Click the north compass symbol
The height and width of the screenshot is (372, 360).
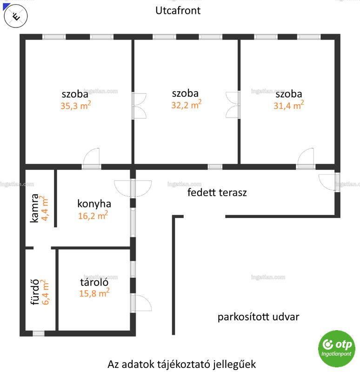[16, 16]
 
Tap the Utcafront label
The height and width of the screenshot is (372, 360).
[178, 11]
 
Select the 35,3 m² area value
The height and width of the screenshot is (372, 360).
[76, 106]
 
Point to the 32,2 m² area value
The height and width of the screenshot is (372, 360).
[187, 104]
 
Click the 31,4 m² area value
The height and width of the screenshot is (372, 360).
[288, 105]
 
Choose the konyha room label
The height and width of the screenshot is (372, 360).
[94, 204]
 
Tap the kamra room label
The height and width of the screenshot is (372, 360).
[34, 208]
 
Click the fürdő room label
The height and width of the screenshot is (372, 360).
[35, 292]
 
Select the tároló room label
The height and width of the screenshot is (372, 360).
[94, 282]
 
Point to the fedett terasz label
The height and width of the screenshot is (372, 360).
[217, 193]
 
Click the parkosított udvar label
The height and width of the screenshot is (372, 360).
[259, 317]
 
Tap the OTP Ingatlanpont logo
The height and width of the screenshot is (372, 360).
[336, 348]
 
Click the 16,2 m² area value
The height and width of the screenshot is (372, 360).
[93, 215]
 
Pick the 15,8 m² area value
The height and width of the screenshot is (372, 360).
[94, 293]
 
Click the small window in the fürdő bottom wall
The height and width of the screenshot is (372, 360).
[39, 333]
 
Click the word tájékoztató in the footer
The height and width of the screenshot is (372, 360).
[181, 364]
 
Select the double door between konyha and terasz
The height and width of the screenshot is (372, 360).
[133, 188]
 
